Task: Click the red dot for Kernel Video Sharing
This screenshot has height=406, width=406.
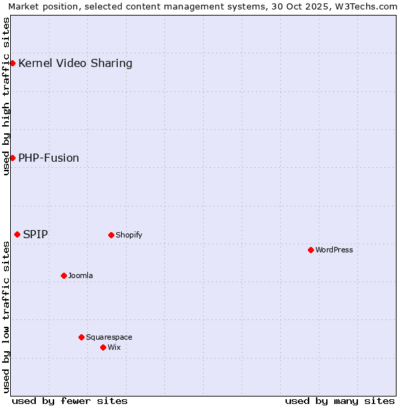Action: (12, 63)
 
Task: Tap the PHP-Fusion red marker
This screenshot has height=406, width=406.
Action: (12, 158)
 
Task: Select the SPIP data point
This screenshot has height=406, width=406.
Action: (18, 234)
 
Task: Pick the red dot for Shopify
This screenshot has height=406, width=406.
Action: (111, 235)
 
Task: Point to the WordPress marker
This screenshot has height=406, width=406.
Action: (311, 250)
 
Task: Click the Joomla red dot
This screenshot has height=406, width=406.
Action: (64, 275)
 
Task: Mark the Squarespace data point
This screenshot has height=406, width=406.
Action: (81, 337)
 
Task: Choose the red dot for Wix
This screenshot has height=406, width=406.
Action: (103, 347)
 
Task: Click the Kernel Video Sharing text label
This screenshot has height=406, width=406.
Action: (75, 64)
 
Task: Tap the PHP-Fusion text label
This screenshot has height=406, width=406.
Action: (49, 158)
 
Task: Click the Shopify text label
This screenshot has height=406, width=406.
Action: (129, 235)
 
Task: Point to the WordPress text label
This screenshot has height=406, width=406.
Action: (334, 250)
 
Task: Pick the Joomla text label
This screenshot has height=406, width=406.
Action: (81, 276)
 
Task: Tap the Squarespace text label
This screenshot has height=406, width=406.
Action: (109, 338)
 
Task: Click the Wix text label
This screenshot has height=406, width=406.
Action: (114, 348)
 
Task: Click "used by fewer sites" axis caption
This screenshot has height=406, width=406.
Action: (70, 401)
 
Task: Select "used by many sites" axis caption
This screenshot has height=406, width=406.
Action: (340, 401)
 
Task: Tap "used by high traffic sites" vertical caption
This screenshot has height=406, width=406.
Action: (6, 96)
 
